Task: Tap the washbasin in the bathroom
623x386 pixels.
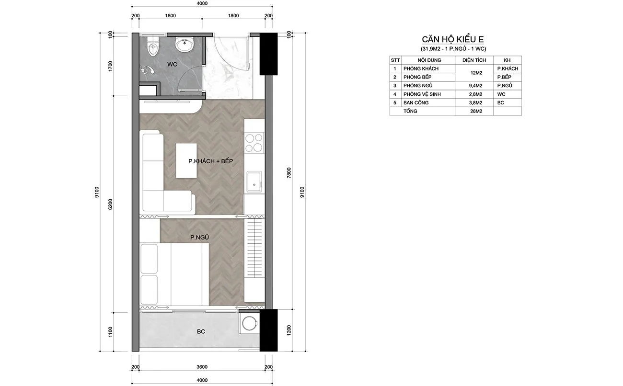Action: pyautogui.click(x=184, y=45)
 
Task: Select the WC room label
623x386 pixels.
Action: pyautogui.click(x=172, y=65)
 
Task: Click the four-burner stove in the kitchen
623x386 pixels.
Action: pyautogui.click(x=254, y=143)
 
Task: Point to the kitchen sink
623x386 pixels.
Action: pyautogui.click(x=254, y=182)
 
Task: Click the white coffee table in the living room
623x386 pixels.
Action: pyautogui.click(x=186, y=160)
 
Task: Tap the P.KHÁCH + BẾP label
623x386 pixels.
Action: pyautogui.click(x=210, y=161)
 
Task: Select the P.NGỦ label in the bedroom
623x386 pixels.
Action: pyautogui.click(x=199, y=238)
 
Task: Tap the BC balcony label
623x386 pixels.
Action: pyautogui.click(x=201, y=331)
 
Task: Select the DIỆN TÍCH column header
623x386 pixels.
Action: pyautogui.click(x=474, y=60)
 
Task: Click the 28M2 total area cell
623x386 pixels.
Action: pyautogui.click(x=476, y=111)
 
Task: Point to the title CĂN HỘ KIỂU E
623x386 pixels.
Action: pyautogui.click(x=453, y=39)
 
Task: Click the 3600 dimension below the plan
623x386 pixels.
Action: pyautogui.click(x=202, y=367)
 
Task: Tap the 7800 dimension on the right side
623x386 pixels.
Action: pyautogui.click(x=288, y=172)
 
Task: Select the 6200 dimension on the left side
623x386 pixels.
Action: pyautogui.click(x=110, y=204)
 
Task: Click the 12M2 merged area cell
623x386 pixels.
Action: pyautogui.click(x=476, y=73)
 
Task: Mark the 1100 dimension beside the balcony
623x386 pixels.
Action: pyautogui.click(x=110, y=332)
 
